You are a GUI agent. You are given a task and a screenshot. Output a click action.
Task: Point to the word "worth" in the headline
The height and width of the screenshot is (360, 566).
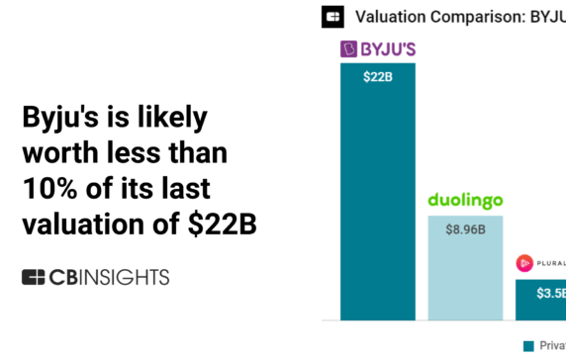(x=60, y=153)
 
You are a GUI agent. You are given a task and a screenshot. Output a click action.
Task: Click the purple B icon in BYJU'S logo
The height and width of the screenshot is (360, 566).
(x=348, y=48)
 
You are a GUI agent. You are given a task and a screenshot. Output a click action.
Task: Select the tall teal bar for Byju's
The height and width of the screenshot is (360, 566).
(x=377, y=198)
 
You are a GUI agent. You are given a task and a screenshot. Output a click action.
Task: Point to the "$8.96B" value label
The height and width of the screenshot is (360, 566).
(x=465, y=228)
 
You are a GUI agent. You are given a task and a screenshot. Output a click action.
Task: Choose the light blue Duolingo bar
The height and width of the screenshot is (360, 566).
(x=465, y=277)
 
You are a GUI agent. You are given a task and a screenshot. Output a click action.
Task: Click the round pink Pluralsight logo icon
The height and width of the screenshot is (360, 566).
(x=524, y=264)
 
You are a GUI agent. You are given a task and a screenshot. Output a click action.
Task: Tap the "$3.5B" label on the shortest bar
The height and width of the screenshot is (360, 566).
(x=550, y=293)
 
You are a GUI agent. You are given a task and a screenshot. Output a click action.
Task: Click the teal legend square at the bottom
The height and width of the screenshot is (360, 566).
(x=527, y=345)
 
